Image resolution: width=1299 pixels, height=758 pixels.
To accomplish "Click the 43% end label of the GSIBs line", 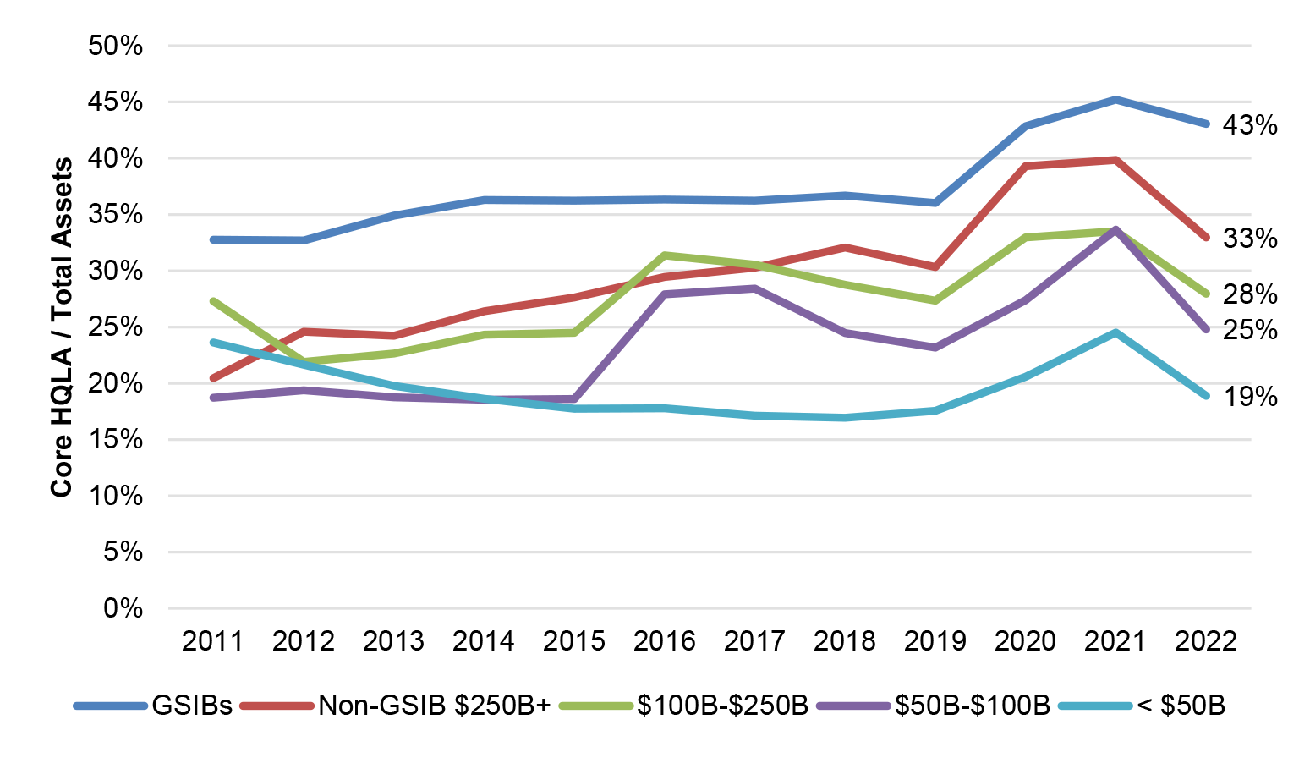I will [x=1249, y=125].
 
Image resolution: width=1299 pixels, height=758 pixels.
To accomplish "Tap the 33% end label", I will [x=1249, y=239].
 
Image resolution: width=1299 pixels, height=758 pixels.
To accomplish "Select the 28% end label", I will [x=1249, y=294].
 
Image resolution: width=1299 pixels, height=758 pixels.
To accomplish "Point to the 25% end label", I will [x=1249, y=330].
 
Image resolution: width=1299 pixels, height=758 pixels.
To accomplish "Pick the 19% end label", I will [x=1249, y=396].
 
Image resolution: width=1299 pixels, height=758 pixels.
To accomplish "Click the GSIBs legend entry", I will [x=191, y=706].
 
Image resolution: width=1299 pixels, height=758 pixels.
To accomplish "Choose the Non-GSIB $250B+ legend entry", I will [x=434, y=706].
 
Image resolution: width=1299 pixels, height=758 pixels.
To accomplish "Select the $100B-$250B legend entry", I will [x=722, y=706].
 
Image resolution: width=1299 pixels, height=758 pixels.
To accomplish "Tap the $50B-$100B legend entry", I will [x=972, y=706].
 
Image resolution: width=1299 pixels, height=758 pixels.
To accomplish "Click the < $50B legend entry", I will [x=1181, y=706].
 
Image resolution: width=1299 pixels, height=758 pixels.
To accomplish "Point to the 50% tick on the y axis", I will [x=115, y=46].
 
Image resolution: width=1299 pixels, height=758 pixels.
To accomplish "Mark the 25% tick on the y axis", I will [x=115, y=327].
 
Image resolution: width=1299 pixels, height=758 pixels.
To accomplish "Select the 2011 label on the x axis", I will [x=212, y=641].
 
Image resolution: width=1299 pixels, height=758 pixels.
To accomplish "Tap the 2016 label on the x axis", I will [x=664, y=641].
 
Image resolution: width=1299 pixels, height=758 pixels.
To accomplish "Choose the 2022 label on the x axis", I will [x=1205, y=641].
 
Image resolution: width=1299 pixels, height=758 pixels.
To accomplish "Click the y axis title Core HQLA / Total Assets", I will [x=61, y=327].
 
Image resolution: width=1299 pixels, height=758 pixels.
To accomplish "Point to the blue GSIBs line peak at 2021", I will [x=1115, y=100].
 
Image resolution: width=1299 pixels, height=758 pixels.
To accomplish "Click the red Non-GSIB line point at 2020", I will [x=1025, y=166].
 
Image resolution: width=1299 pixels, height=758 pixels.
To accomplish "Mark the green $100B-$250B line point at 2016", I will [x=664, y=255].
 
